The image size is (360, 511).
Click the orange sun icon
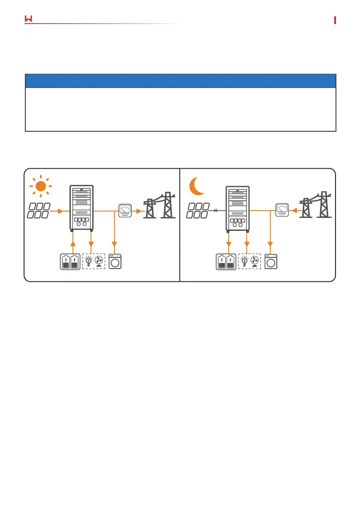[x=40, y=186]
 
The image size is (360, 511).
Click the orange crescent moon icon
[x=198, y=186]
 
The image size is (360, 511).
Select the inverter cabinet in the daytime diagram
[x=81, y=207]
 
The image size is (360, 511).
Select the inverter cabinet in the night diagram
[x=237, y=207]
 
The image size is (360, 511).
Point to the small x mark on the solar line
[x=216, y=211]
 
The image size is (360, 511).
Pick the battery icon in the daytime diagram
[x=70, y=261]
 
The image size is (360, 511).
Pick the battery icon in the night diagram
[x=225, y=261]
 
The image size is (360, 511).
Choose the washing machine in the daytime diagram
[x=115, y=262]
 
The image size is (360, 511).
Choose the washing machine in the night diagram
[x=271, y=262]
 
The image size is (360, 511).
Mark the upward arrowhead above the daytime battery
[x=73, y=244]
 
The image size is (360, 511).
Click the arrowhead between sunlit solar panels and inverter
[x=61, y=211]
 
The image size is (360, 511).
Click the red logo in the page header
[x=29, y=19]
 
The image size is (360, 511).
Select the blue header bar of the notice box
[x=180, y=81]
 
